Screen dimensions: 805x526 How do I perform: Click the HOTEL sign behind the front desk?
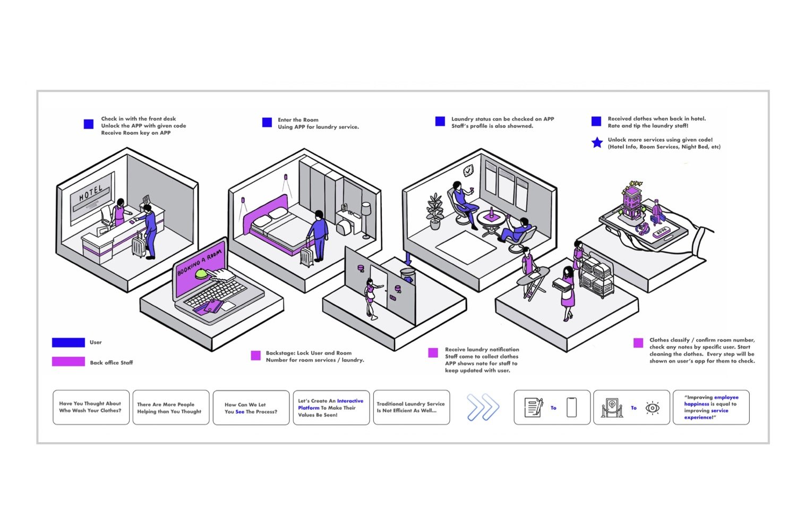91,194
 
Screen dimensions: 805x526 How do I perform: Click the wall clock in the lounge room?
468,170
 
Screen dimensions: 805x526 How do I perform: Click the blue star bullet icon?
597,143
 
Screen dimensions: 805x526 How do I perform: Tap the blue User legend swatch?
68,342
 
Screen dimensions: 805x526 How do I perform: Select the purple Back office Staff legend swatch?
68,361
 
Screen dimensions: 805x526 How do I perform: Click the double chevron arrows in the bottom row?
483,407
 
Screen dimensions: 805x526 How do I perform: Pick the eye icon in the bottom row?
652,408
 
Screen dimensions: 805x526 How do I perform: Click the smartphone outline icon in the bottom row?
571,408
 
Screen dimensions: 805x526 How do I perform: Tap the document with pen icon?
534,408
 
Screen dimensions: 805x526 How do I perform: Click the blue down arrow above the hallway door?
408,257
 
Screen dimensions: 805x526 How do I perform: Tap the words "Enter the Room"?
298,119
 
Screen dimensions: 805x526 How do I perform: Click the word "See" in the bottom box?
239,412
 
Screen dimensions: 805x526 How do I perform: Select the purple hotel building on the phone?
631,201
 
